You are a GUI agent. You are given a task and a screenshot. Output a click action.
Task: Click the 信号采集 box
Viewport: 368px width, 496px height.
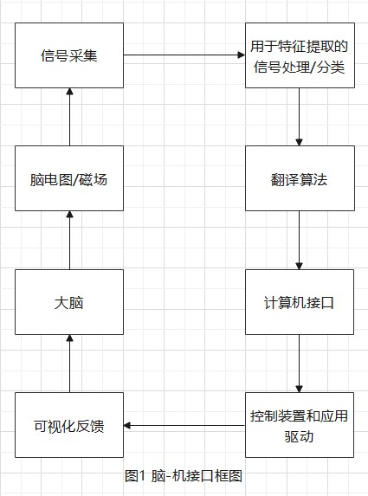(69, 56)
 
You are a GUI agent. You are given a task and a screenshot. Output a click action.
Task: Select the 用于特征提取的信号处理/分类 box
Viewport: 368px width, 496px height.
(299, 56)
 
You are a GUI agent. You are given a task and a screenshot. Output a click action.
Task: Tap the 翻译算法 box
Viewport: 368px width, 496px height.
(299, 179)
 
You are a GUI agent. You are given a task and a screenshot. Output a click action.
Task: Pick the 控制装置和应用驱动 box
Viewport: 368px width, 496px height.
(299, 425)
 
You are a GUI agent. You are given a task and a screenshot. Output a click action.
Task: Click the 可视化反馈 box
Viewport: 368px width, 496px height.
(69, 425)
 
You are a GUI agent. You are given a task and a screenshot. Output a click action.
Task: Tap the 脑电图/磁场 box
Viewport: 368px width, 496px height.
(69, 179)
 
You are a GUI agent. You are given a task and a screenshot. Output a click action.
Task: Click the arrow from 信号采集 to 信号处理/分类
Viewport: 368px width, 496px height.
(184, 56)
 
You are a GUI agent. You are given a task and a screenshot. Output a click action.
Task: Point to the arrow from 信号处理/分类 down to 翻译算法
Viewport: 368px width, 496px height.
(299, 118)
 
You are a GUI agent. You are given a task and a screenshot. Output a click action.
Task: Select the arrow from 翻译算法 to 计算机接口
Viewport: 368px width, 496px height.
(299, 241)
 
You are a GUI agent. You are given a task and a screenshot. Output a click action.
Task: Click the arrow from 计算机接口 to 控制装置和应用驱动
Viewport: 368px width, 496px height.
(299, 364)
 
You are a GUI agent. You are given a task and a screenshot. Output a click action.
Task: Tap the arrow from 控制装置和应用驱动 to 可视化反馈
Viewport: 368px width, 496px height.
(184, 425)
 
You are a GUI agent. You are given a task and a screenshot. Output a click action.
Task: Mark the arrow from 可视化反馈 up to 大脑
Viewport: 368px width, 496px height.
(69, 364)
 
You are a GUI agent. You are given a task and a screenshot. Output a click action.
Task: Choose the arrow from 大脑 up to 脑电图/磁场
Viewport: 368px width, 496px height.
(69, 241)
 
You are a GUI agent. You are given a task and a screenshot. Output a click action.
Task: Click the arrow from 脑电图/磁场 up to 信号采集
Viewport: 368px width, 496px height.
(69, 118)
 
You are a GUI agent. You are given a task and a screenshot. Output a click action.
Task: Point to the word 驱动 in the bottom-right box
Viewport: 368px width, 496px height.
(299, 436)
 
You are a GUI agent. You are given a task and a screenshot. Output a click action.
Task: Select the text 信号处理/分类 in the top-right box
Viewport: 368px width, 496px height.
(299, 68)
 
